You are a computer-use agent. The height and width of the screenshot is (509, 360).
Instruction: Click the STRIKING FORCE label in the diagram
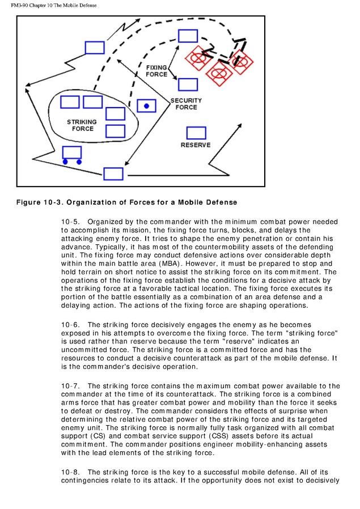[82, 125]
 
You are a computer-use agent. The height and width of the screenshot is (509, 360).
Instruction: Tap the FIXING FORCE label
[156, 71]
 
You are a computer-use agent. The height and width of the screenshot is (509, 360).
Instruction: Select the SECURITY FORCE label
[186, 104]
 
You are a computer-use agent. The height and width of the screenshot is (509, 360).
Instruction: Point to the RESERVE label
[196, 145]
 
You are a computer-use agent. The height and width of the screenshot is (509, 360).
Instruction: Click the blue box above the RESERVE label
[196, 132]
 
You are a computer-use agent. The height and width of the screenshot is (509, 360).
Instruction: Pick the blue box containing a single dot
[146, 105]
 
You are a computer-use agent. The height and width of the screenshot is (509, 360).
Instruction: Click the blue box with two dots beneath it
[71, 152]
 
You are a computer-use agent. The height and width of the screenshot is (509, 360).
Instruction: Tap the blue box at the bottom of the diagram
[113, 173]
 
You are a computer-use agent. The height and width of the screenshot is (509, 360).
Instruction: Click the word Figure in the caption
[29, 202]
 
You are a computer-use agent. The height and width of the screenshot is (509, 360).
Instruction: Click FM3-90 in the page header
[22, 6]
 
